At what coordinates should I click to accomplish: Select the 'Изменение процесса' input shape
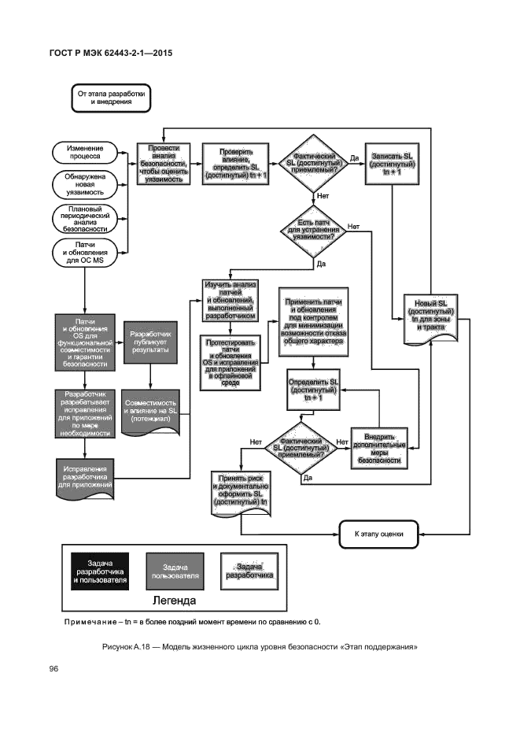pyautogui.click(x=83, y=152)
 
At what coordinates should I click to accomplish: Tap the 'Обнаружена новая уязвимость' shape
pyautogui.click(x=83, y=183)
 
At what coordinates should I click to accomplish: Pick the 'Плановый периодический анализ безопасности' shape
pyautogui.click(x=83, y=218)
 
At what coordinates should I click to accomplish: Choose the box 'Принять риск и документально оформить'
pyautogui.click(x=240, y=490)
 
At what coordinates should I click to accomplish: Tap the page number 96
pyautogui.click(x=56, y=669)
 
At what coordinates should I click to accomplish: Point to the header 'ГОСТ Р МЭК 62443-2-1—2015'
pyautogui.click(x=111, y=54)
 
